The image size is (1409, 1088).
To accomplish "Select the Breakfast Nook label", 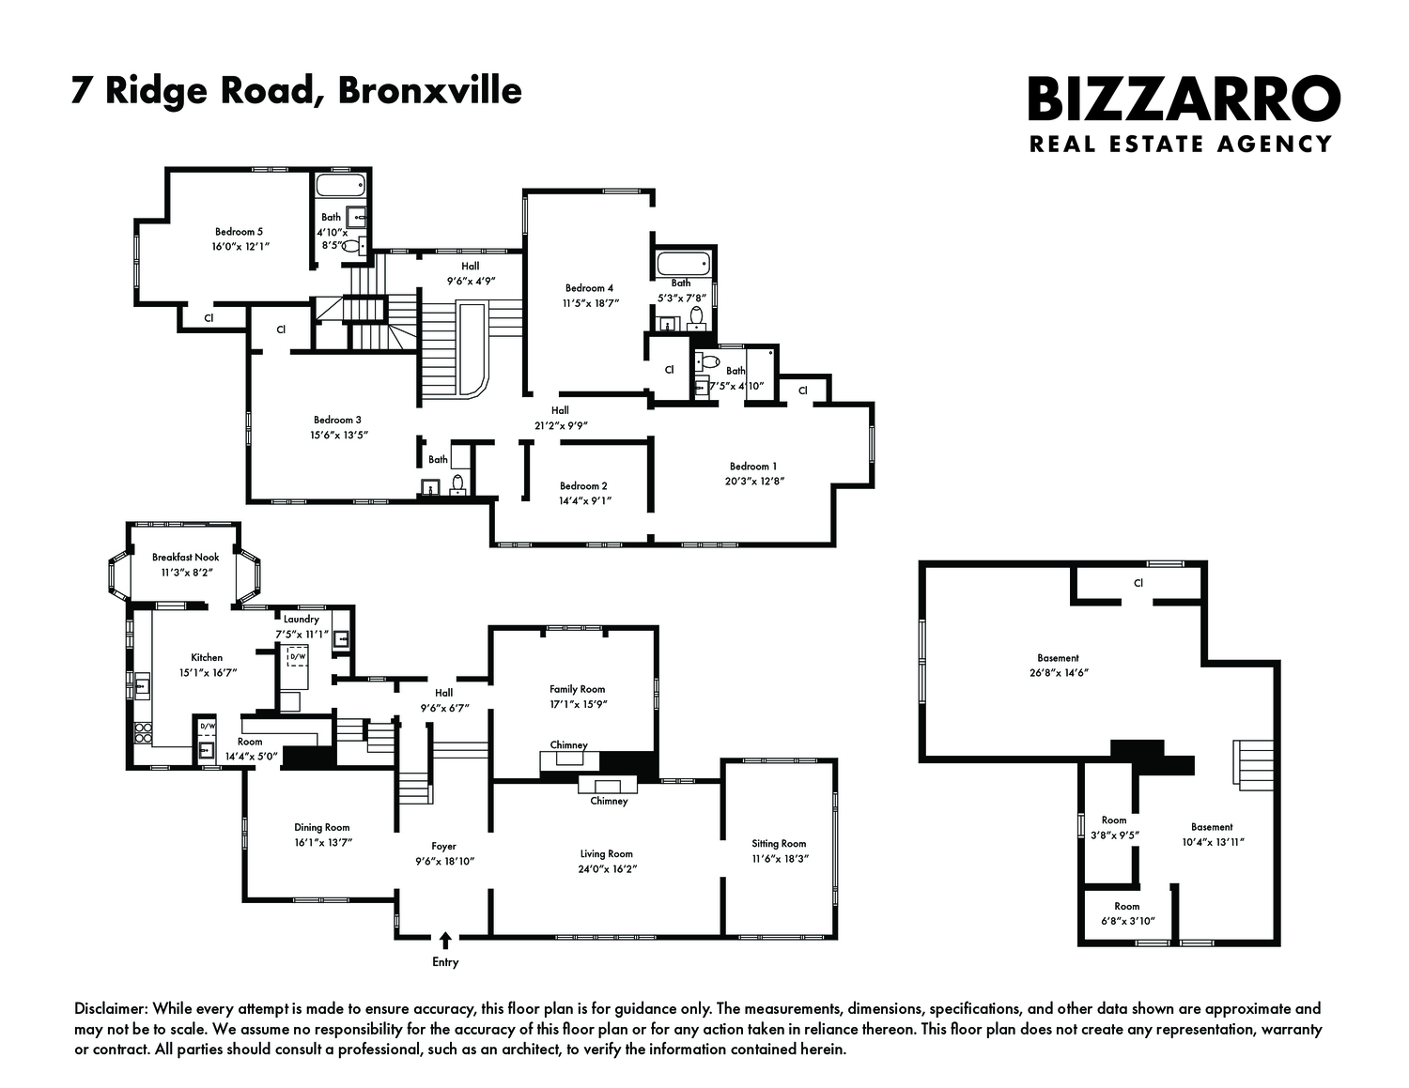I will coord(186,557).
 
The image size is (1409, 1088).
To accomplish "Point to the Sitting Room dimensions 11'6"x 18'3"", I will coord(779,859).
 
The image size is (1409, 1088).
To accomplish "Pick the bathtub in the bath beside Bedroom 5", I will coord(331,184).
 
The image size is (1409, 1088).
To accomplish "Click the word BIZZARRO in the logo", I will coord(1184,100).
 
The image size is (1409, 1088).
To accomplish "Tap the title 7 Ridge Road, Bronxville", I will coord(296,91).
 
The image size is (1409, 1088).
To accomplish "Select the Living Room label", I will coord(606,853).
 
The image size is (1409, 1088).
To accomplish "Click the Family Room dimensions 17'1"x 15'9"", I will coord(578,704).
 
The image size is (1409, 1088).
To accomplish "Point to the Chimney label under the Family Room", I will coord(568,744).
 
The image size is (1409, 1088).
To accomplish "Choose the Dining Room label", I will coord(321,827).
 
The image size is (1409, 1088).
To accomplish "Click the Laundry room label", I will coord(301,620).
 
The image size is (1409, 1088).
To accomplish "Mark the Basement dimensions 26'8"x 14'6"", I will coord(1058,673).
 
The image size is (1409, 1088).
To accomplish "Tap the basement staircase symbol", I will coord(1253,760).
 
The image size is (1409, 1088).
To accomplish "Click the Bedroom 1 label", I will coord(753,467).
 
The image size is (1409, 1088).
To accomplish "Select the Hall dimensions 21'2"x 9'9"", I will coord(560,425).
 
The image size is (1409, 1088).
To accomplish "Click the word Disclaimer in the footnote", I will coord(110,1009).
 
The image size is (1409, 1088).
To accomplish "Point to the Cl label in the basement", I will coord(1138,583).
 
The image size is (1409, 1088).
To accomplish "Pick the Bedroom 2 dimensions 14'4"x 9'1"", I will coord(583,500).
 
